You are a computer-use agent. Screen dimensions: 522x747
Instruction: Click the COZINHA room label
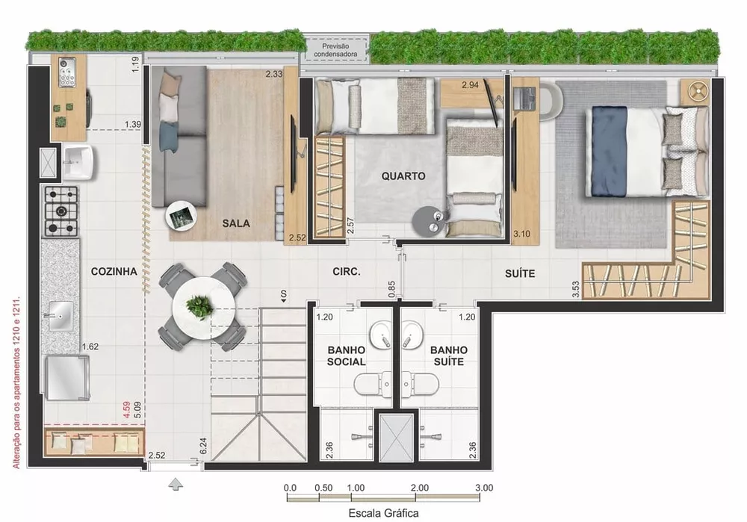pos(114,272)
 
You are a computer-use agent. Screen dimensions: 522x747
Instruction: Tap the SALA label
pos(236,223)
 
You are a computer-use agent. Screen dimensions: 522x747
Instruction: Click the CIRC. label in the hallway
pos(347,273)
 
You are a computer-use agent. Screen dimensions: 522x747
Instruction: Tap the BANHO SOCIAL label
pos(347,355)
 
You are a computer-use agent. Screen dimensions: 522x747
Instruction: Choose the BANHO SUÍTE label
pos(449,355)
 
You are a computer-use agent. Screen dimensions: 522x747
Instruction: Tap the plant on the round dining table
pos(199,305)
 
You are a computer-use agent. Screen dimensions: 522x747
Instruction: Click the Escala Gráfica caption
pos(383,513)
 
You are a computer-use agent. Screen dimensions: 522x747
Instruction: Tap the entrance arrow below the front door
pos(176,485)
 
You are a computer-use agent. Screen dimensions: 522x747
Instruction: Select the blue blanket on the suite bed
pos(610,150)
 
